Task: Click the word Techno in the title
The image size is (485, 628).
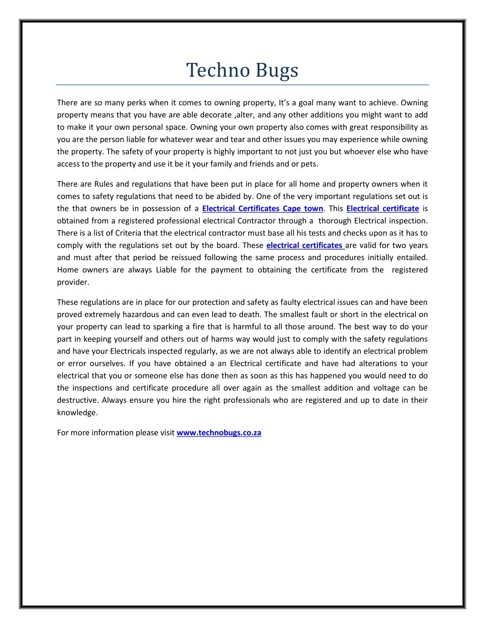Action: [x=218, y=70]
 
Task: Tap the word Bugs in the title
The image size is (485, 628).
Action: [x=277, y=71]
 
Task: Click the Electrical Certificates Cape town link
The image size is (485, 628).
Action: [x=262, y=209]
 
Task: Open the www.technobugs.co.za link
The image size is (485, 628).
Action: [x=219, y=433]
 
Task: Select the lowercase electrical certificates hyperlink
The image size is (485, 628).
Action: [x=305, y=246]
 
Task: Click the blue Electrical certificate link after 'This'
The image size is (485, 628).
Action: [x=383, y=209]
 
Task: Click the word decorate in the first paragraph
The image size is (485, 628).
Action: [x=216, y=115]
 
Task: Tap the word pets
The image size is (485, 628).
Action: [x=310, y=164]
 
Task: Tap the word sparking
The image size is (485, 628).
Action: [x=168, y=327]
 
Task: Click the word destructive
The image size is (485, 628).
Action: [x=78, y=400]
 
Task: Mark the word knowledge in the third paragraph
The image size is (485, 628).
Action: [x=77, y=412]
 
